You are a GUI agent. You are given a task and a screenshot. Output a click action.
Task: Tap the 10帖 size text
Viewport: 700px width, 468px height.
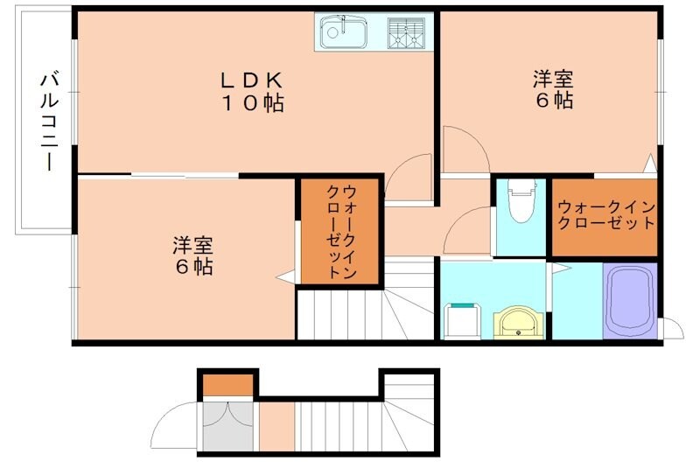click(250, 103)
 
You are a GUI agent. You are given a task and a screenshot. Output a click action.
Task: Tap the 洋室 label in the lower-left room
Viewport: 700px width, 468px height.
click(192, 245)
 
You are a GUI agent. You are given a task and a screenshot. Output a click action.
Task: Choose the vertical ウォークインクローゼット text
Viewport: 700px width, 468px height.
click(340, 231)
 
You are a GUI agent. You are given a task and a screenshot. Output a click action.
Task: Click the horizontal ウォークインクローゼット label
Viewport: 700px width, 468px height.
click(605, 215)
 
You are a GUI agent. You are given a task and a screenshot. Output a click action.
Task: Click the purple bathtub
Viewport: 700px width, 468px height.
click(629, 300)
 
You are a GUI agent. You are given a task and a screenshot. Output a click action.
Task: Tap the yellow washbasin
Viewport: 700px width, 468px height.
click(520, 322)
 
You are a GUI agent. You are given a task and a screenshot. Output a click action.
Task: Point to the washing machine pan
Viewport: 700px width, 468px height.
click(463, 320)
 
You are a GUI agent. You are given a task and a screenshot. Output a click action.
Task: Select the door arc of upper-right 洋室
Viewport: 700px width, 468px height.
click(465, 149)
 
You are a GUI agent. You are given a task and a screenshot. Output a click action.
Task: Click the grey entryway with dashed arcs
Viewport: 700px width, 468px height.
click(229, 425)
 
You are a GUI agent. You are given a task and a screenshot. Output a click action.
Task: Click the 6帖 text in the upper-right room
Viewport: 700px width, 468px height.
click(554, 101)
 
